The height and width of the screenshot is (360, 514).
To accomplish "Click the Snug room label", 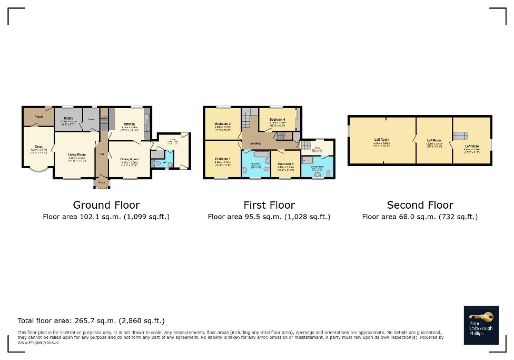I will pyautogui.click(x=38, y=147).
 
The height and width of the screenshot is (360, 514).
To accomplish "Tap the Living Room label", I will pyautogui.click(x=76, y=153).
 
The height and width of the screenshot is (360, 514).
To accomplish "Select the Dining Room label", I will pyautogui.click(x=130, y=159).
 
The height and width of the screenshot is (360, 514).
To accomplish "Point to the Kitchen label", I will pyautogui.click(x=130, y=124).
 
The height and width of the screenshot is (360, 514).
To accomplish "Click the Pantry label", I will pyautogui.click(x=68, y=119).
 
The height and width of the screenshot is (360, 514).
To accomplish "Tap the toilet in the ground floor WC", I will pyautogui.click(x=159, y=164).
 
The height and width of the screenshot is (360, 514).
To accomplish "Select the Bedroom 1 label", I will pyautogui.click(x=222, y=159).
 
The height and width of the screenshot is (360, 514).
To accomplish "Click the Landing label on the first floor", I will pyautogui.click(x=255, y=143).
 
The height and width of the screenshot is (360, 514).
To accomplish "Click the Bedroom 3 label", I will pyautogui.click(x=285, y=164).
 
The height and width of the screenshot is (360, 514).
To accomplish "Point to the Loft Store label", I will pyautogui.click(x=472, y=146).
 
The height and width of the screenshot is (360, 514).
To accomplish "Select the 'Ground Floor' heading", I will pyautogui.click(x=106, y=205).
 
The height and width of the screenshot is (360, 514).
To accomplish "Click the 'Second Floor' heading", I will pyautogui.click(x=420, y=205).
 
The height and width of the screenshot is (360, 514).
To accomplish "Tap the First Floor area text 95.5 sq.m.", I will pyautogui.click(x=269, y=217).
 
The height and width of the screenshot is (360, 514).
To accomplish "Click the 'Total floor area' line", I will pyautogui.click(x=91, y=320).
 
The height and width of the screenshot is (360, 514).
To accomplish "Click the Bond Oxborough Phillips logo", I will pyautogui.click(x=481, y=325).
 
